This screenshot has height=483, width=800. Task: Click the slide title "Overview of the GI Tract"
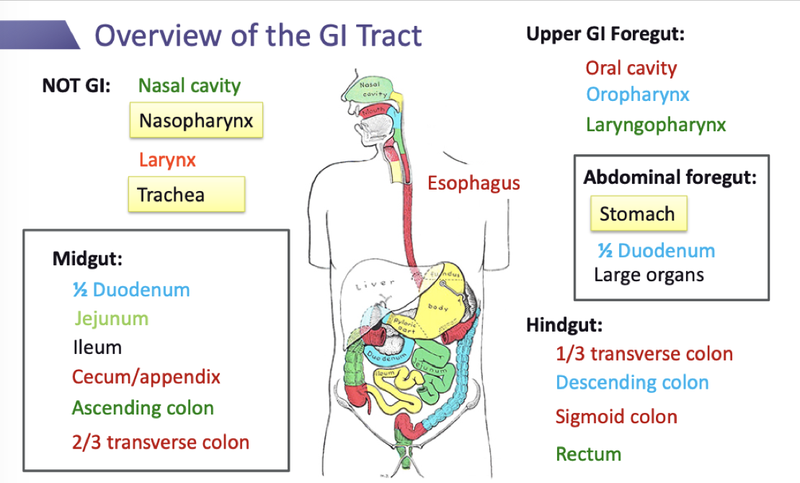[258, 35]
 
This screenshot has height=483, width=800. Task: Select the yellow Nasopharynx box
[196, 120]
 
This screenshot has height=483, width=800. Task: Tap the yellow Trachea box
[186, 195]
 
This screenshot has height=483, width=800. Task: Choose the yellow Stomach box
[638, 214]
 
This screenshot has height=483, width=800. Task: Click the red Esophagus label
[474, 183]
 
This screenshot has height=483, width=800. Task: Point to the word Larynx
[167, 159]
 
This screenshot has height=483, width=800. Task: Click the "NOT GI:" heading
[76, 86]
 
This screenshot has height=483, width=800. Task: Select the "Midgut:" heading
[87, 259]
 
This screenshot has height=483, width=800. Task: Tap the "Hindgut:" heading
[564, 325]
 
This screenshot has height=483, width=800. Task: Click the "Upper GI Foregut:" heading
[605, 35]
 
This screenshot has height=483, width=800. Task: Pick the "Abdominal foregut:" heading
[670, 177]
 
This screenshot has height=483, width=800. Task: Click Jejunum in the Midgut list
[111, 319]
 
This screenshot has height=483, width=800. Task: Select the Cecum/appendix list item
[146, 376]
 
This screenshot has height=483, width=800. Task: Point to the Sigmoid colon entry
[616, 417]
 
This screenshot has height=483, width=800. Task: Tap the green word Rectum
[588, 454]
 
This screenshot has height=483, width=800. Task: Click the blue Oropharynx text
[638, 94]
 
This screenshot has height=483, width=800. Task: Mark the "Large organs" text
[649, 275]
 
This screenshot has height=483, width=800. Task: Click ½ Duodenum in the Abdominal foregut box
[656, 251]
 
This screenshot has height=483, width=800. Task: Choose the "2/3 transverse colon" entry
[160, 443]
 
